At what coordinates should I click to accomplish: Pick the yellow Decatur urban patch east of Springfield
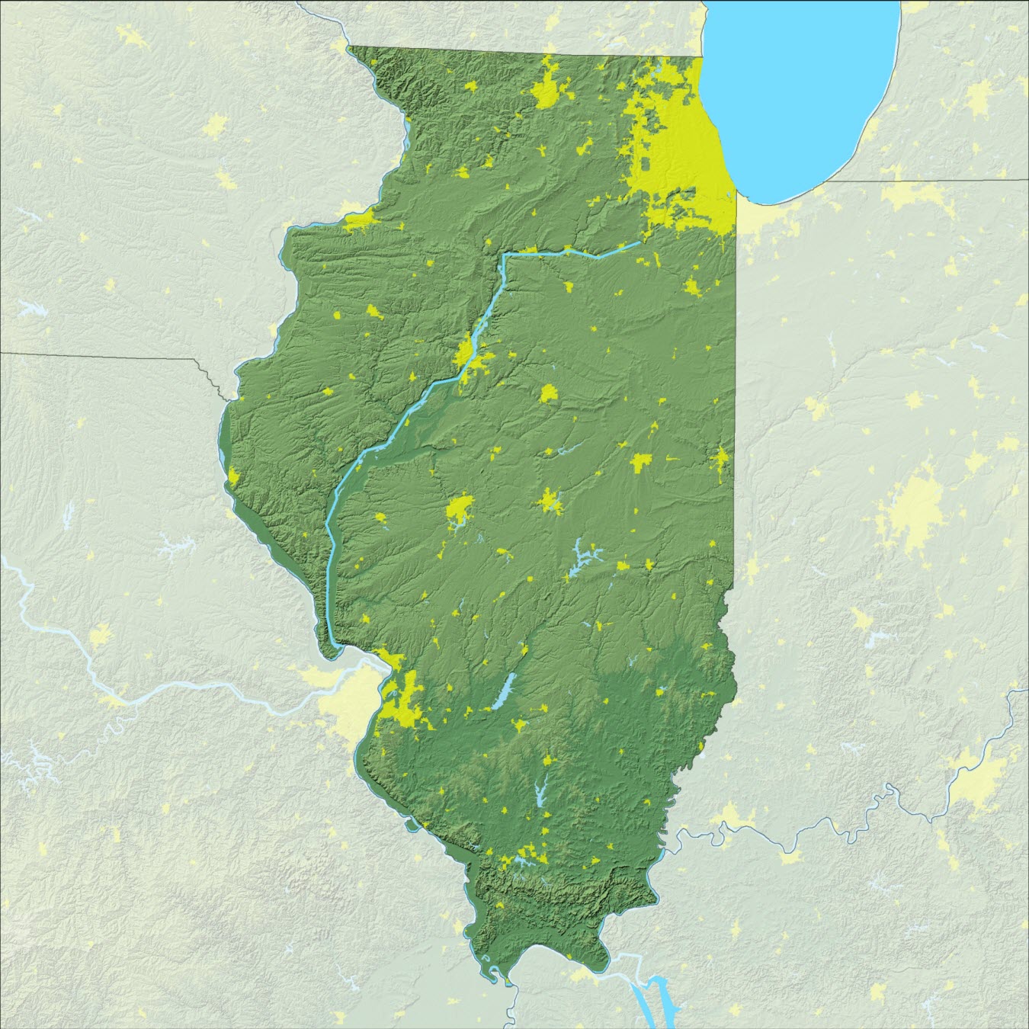[550, 502]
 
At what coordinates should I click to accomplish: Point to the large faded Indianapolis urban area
[911, 511]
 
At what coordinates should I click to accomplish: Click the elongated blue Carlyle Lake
[503, 691]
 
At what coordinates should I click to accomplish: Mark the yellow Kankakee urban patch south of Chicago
[692, 287]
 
